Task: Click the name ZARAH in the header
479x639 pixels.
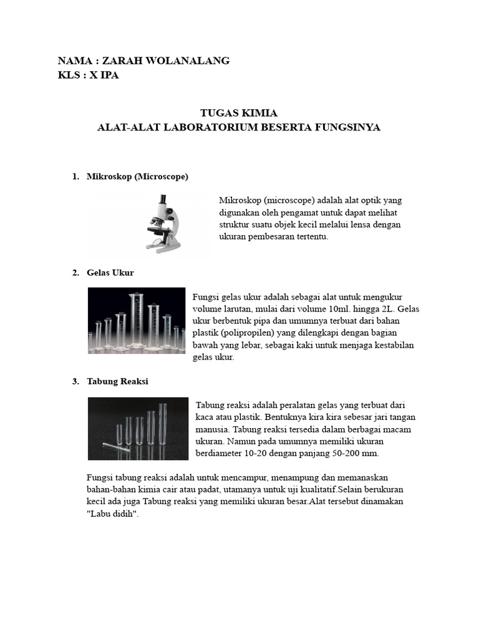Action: pyautogui.click(x=122, y=61)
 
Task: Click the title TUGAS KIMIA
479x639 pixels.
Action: pyautogui.click(x=239, y=113)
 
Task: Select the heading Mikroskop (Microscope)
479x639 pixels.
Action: pyautogui.click(x=137, y=177)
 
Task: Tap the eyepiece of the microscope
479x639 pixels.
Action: pyautogui.click(x=162, y=200)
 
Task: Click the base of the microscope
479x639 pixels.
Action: pyautogui.click(x=163, y=248)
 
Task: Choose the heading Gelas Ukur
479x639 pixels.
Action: pyautogui.click(x=110, y=273)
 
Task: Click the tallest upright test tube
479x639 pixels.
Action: pyautogui.click(x=163, y=424)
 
